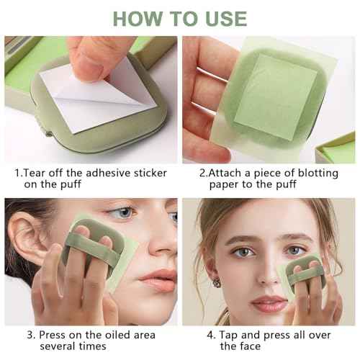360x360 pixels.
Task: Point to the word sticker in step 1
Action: coord(146,173)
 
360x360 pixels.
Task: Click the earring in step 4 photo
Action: coord(216,283)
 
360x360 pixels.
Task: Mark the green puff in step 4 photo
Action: coord(305,276)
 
